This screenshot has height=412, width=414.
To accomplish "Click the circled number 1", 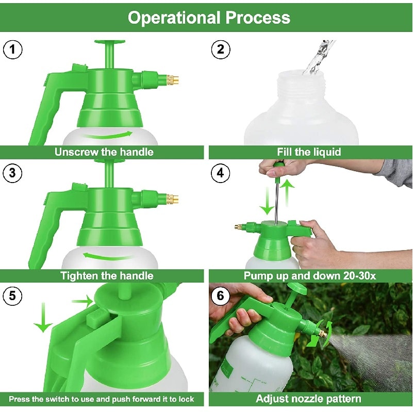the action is pos(13,50).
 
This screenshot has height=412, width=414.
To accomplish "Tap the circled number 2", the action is pos(221,50).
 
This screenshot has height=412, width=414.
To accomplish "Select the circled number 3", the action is pos(12,173).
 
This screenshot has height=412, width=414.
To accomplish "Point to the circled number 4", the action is pos(221,173).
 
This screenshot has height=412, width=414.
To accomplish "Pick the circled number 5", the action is pos(12,296).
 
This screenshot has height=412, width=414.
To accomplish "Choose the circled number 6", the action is pos(221,296).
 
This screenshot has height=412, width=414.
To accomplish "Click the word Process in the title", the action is pos(258,18).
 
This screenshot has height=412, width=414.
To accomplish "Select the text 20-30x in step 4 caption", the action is pos(360,276).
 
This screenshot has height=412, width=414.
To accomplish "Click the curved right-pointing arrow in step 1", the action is pos(107,136).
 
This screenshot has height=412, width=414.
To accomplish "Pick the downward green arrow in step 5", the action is pos(43,317).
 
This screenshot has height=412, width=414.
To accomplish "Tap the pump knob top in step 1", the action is pos(110,42).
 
